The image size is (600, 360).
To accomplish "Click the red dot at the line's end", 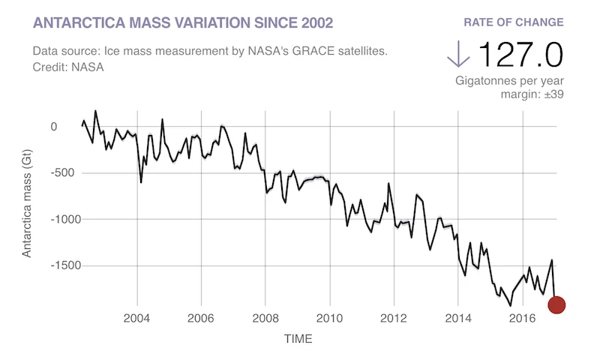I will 556,304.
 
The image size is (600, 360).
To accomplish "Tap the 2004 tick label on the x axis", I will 137,319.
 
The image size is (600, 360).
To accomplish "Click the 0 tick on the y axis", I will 53,127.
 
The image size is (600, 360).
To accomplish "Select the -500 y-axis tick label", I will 43,173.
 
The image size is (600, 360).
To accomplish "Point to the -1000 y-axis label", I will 40,220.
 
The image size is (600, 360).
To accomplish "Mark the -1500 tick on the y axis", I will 40,265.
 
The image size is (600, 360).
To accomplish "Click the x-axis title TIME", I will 298,339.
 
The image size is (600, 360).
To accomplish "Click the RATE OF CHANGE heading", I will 514,22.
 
